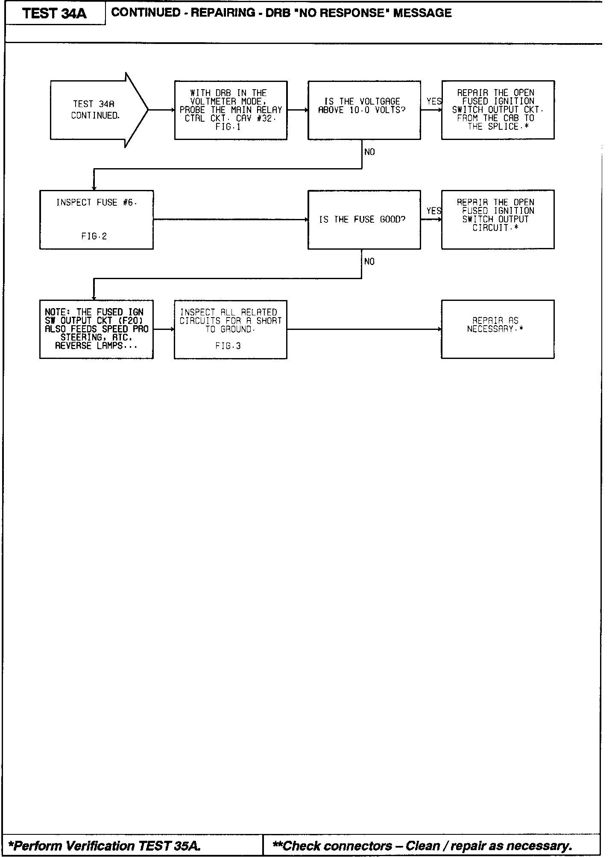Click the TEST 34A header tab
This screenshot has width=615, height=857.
[x=55, y=14]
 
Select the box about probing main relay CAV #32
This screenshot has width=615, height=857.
[x=231, y=110]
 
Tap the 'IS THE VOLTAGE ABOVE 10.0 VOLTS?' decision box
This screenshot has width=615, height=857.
[x=364, y=110]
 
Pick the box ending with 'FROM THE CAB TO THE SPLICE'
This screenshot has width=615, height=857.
[x=498, y=110]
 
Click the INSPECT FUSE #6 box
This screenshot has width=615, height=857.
[x=97, y=219]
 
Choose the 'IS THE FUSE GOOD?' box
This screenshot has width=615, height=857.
[x=364, y=219]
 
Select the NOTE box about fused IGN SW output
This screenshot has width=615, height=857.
[x=97, y=329]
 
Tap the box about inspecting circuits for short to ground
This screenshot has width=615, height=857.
[x=231, y=329]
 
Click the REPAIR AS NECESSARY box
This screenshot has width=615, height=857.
[x=498, y=329]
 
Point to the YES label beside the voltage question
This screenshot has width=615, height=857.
[x=434, y=101]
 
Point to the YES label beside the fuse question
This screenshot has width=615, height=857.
[x=434, y=211]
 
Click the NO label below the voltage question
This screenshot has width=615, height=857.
[x=369, y=152]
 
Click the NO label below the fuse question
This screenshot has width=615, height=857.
[x=369, y=262]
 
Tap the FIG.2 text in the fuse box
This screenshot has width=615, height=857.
[x=94, y=236]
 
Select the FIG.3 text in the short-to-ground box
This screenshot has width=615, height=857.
[x=228, y=346]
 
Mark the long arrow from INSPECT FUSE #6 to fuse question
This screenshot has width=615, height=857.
[x=231, y=219]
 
